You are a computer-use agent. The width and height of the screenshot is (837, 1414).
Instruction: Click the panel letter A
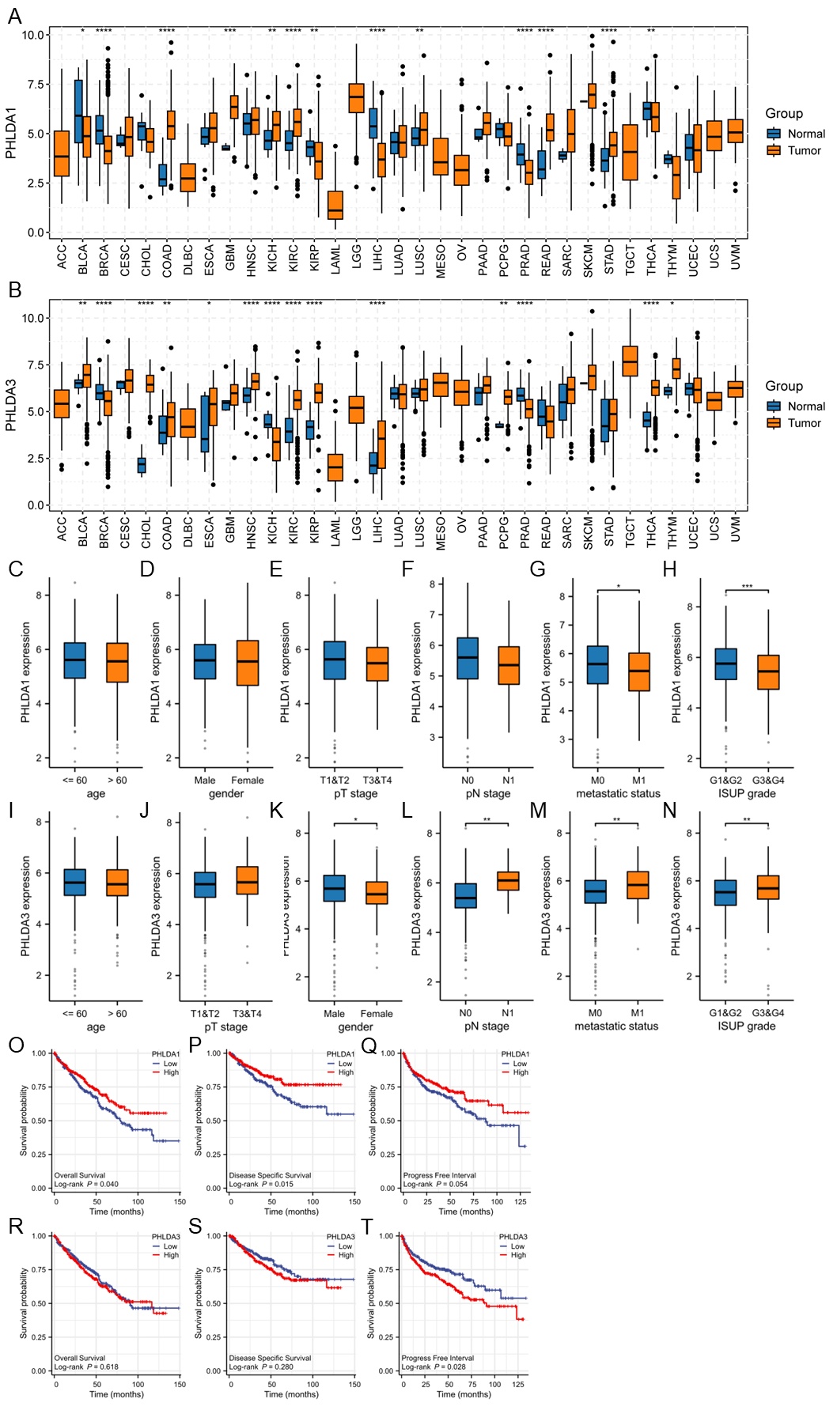click(x=14, y=16)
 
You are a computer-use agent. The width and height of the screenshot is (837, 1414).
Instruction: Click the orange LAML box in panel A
click(x=335, y=205)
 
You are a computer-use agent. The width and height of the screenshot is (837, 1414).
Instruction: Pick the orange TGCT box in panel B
click(x=631, y=361)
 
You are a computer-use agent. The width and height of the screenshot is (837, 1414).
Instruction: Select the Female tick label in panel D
click(x=248, y=780)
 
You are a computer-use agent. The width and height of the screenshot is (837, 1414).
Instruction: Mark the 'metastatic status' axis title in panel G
click(x=618, y=793)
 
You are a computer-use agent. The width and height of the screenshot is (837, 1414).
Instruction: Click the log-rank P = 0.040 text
click(x=86, y=1184)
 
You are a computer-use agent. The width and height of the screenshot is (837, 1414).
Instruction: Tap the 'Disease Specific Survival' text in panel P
click(x=270, y=1175)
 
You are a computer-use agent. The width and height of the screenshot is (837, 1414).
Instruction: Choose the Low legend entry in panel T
click(x=517, y=1246)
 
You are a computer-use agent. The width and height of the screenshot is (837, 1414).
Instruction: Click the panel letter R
click(x=15, y=1225)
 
